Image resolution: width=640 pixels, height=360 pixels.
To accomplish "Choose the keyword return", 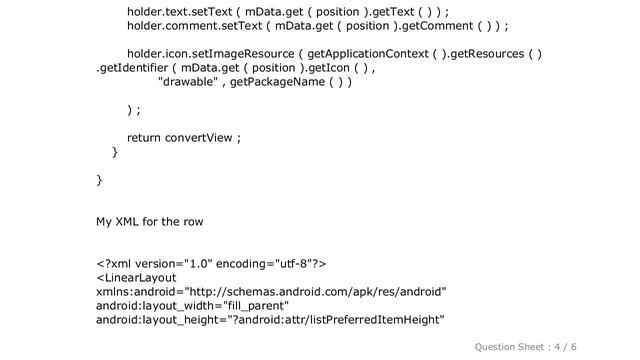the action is (146, 137).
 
